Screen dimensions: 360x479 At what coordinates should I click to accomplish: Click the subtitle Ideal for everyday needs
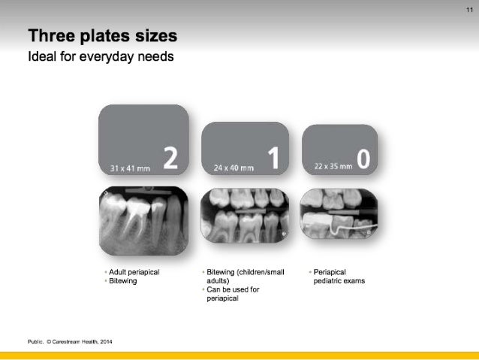(101, 56)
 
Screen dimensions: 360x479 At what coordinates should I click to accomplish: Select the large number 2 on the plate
(170, 159)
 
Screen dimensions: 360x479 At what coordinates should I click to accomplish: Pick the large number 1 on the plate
(273, 159)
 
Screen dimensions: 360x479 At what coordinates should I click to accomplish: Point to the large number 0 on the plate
(363, 159)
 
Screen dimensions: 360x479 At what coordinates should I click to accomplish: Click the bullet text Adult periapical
(134, 272)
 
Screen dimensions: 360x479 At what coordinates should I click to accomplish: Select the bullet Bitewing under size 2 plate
(122, 280)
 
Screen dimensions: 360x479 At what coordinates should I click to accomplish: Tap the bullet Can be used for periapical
(232, 294)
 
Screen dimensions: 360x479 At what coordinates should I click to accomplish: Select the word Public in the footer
(35, 342)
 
